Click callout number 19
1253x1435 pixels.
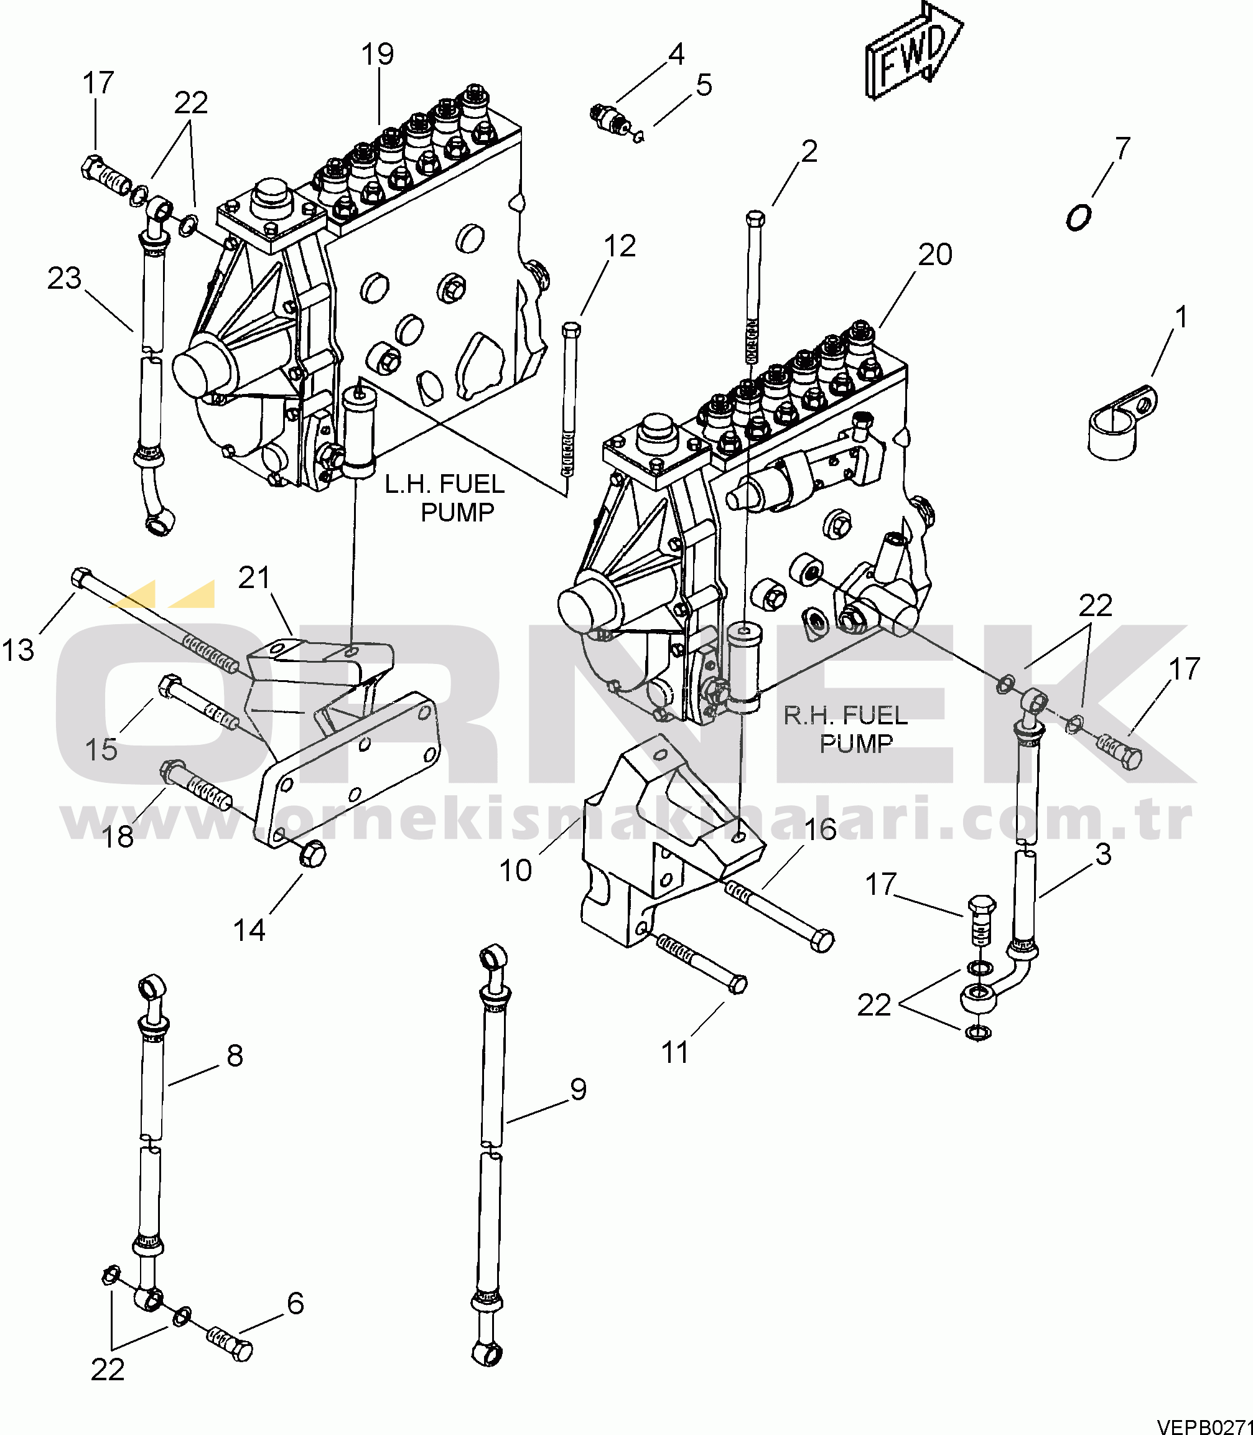pyautogui.click(x=378, y=55)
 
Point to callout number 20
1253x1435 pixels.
pyautogui.click(x=935, y=255)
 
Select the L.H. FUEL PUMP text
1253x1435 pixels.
pyautogui.click(x=445, y=498)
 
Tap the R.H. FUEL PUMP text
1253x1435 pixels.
pyautogui.click(x=845, y=729)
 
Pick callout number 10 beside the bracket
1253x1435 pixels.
pyautogui.click(x=515, y=871)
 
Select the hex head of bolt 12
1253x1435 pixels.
pyautogui.click(x=571, y=329)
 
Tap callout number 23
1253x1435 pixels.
pyautogui.click(x=64, y=278)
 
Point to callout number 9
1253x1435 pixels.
pyautogui.click(x=578, y=1089)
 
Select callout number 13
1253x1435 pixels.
pyautogui.click(x=18, y=650)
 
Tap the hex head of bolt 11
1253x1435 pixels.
pyautogui.click(x=737, y=984)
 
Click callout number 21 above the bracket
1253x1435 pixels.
pyautogui.click(x=254, y=577)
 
